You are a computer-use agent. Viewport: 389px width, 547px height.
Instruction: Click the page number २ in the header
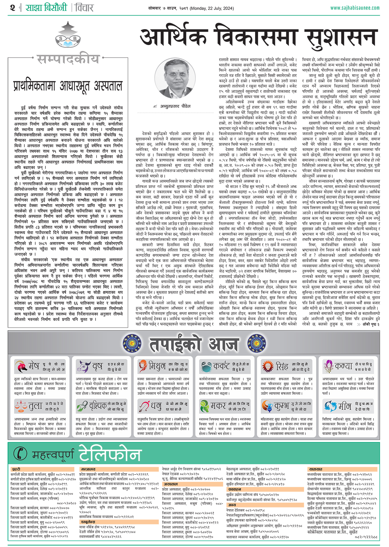pos(13,7)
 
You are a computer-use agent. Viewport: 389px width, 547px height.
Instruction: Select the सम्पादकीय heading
pos(68,60)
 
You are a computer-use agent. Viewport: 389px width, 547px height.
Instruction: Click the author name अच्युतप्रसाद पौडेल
pos(175,106)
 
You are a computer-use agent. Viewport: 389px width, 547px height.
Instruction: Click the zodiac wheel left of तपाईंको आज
pos(132,343)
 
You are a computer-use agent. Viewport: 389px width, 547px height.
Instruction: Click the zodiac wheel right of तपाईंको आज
pos(256,343)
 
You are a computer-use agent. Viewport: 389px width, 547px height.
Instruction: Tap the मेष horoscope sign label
pos(34,366)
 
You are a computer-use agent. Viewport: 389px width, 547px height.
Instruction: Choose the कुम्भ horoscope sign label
pos(281,406)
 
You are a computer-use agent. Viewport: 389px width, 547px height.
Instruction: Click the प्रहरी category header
pos(16,469)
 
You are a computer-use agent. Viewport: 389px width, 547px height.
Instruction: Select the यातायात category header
pos(315,469)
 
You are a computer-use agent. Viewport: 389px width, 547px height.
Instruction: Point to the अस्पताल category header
pos(171,484)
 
